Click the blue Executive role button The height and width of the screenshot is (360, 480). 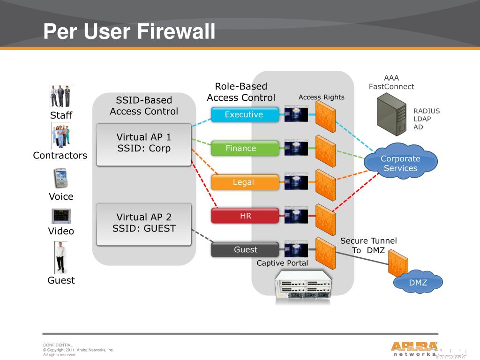(244, 114)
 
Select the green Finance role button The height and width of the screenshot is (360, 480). (241, 148)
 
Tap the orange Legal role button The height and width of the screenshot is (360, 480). (243, 182)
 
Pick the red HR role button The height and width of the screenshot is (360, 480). (245, 216)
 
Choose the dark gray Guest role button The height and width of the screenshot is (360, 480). (245, 250)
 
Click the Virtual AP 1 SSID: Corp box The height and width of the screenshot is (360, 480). (144, 144)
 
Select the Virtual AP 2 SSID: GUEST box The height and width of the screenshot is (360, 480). (144, 224)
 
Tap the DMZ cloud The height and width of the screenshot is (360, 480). (418, 283)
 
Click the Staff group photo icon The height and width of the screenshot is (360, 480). (60, 97)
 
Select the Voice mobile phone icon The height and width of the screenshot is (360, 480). (61, 178)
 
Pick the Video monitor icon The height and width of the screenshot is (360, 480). (61, 216)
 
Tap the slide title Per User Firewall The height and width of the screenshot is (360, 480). (129, 32)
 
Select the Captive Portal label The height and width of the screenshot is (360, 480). (282, 263)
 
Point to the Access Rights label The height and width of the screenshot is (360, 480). (321, 97)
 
